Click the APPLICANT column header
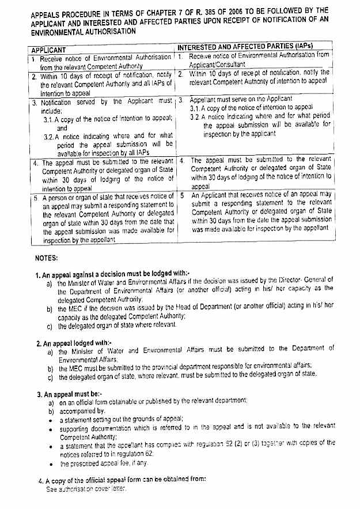[48, 51]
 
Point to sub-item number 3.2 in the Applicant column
[50, 137]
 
